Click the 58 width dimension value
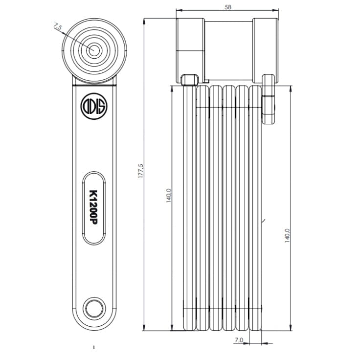227,6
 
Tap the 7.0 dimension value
239,339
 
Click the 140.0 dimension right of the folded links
287,234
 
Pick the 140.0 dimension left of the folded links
169,196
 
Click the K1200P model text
94,207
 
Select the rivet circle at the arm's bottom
93,308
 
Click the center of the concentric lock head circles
93,50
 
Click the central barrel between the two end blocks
228,49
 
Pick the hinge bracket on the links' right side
269,100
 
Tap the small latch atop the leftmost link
189,80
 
